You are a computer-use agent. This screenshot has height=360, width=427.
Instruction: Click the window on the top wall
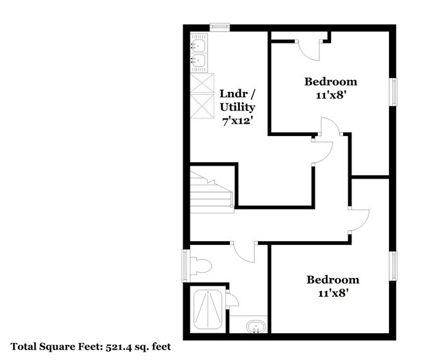tap(219, 27)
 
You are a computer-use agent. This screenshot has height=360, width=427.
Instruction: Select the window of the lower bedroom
tap(394, 266)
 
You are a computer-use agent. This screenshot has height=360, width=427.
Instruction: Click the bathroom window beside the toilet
tap(185, 265)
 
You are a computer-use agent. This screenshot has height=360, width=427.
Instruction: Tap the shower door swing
tap(233, 301)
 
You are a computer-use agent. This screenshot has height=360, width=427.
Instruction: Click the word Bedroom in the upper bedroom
tap(330, 82)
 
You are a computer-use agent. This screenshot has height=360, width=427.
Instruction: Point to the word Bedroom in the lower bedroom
tap(333, 280)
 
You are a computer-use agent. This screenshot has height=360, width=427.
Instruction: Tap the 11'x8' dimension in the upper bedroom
tap(330, 95)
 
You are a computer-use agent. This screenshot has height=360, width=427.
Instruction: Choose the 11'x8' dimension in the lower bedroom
tap(333, 293)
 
